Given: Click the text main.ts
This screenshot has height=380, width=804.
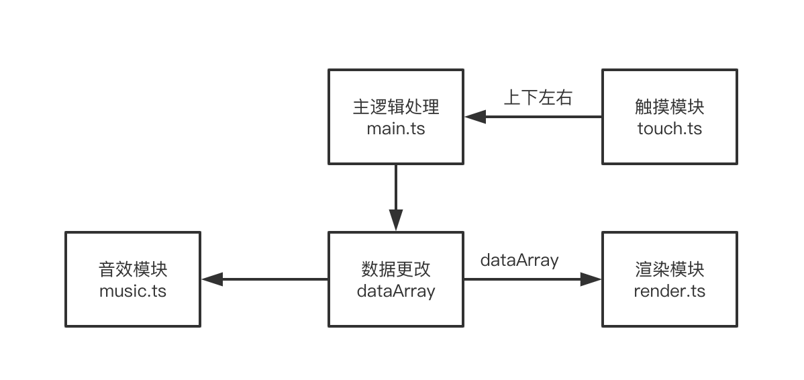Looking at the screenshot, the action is [x=396, y=128].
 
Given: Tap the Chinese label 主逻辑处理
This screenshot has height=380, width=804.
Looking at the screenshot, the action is [x=396, y=107].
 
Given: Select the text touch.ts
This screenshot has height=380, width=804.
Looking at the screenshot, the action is [x=670, y=128].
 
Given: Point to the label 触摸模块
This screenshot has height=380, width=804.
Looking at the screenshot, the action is [x=670, y=107].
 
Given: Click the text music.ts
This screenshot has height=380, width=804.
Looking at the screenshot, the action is [x=133, y=291].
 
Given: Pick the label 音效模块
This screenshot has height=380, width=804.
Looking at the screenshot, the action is [x=133, y=270].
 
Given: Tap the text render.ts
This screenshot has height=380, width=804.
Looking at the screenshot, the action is [x=670, y=291].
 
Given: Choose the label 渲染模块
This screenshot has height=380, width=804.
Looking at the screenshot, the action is [x=670, y=270].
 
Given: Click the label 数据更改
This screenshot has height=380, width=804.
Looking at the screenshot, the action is [x=396, y=270].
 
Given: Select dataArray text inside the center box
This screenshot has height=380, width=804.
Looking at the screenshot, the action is [x=396, y=291].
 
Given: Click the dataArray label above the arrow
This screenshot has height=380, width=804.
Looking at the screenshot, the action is [x=519, y=260].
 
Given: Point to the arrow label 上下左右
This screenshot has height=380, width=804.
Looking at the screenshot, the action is [x=538, y=97].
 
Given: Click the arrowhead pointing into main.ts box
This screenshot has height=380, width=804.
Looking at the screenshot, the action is [x=474, y=117].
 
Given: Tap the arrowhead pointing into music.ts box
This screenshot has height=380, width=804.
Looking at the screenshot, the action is [x=212, y=279].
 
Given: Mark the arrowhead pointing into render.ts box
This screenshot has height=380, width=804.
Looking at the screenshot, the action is [x=591, y=279].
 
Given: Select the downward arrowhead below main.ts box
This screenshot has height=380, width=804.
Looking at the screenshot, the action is [x=396, y=220].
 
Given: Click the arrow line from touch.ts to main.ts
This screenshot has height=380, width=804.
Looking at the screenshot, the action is [x=534, y=117].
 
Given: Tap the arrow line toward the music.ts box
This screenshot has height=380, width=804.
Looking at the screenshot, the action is [x=264, y=279].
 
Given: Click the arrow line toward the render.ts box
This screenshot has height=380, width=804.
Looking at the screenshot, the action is [x=533, y=279].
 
